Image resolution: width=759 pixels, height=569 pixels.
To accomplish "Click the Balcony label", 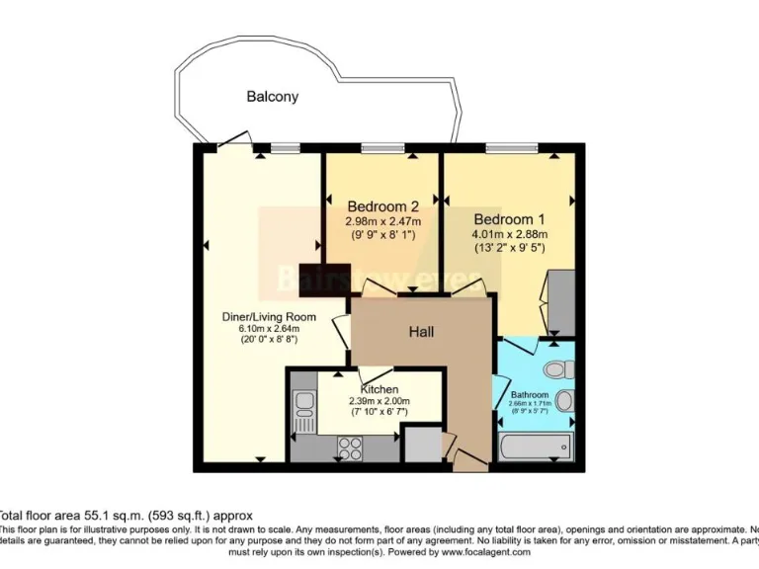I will click(x=272, y=97).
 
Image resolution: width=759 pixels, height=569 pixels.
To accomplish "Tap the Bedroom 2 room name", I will click(x=381, y=206).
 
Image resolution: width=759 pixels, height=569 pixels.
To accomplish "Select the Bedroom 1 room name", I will click(x=510, y=218).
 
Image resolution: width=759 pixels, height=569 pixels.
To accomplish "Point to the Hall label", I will click(x=422, y=332).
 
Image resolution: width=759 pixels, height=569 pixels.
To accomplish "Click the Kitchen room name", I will click(x=379, y=388).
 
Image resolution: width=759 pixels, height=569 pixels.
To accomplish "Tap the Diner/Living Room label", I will click(x=268, y=317).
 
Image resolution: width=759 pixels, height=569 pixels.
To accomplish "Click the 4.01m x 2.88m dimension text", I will click(x=510, y=234).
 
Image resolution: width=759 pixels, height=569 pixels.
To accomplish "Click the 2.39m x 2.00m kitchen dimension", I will click(x=379, y=401).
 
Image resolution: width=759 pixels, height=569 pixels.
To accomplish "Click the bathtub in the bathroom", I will click(x=538, y=447).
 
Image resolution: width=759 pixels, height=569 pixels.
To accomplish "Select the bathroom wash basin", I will click(x=564, y=402).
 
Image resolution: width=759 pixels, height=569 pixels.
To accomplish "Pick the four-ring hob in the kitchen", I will click(x=352, y=447).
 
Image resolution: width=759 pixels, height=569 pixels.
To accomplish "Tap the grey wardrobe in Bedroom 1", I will click(x=560, y=299).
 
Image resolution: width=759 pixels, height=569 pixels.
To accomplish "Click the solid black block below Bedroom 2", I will click(x=321, y=279).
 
